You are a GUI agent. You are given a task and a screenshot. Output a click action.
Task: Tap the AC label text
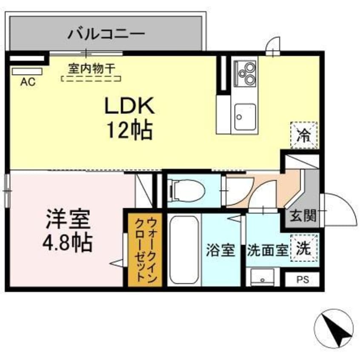coord(28,82)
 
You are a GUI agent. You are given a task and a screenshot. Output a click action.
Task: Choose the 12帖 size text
coord(129,130)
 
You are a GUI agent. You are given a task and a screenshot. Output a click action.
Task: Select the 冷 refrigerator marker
coord(304,135)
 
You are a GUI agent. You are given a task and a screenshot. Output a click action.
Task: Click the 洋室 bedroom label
coord(68,221)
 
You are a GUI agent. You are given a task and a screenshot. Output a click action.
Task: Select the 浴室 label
coord(221,250)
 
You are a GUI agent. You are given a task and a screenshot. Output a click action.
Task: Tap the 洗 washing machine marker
coord(304,248)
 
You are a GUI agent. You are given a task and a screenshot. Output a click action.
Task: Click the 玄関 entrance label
coord(303,217)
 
